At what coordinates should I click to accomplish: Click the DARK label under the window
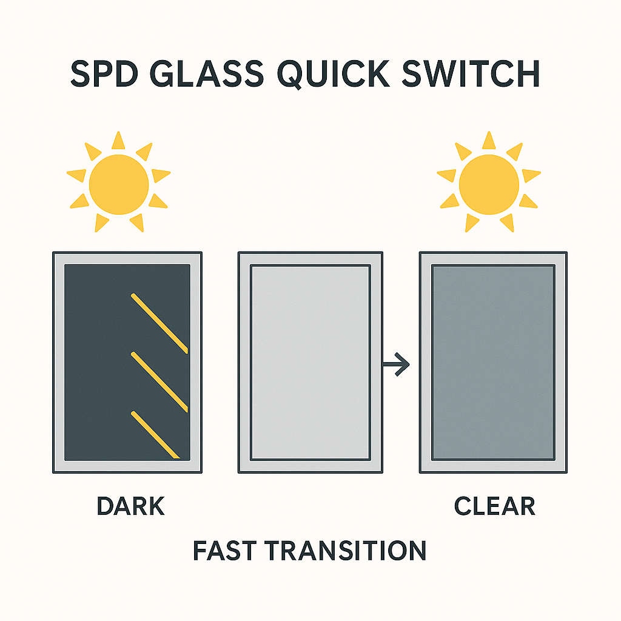point(130,506)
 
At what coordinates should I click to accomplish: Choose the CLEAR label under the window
point(494,506)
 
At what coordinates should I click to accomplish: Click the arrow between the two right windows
point(397,364)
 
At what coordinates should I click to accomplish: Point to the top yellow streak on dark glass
point(159,322)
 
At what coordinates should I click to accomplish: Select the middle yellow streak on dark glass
point(159,381)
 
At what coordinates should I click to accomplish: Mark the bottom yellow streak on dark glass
point(155,434)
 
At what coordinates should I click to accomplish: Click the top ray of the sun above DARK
point(118,141)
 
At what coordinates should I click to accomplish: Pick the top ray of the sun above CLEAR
point(489,141)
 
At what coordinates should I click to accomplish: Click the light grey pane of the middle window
point(310,362)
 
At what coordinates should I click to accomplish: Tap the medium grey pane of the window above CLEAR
point(492,362)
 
